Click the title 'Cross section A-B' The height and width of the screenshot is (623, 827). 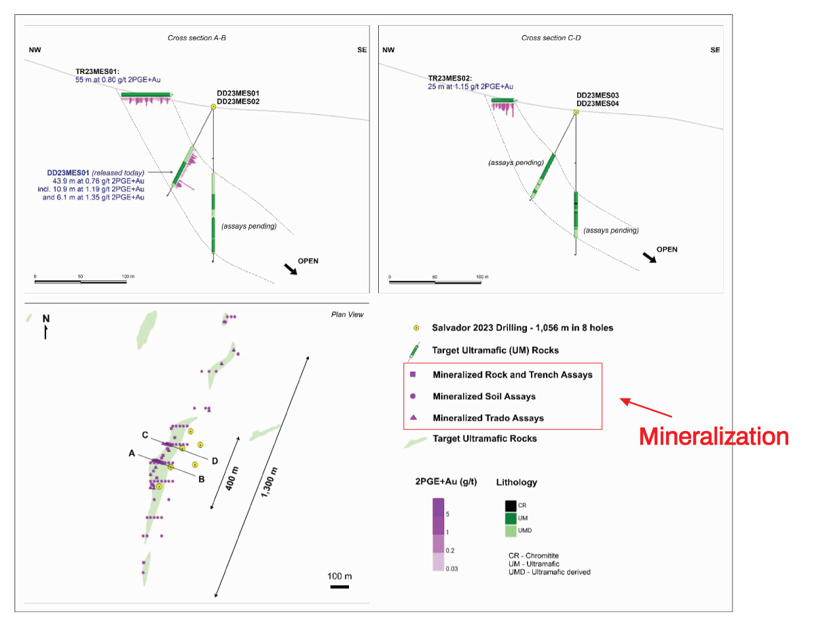coord(196,37)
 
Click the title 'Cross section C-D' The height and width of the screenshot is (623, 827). coord(551,37)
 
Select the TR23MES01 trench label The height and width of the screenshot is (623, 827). coord(97,71)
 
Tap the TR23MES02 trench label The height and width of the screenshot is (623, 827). coord(449,78)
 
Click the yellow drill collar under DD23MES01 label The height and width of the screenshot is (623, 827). coord(213,107)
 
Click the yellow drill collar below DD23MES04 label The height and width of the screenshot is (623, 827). coord(575,112)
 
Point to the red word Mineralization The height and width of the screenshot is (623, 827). coord(713,436)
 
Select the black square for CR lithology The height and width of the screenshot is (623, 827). coord(510,505)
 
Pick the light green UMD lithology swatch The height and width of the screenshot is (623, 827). coord(510,530)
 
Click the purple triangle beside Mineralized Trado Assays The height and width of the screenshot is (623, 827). coord(413,417)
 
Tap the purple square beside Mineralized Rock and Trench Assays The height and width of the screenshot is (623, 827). coord(413,374)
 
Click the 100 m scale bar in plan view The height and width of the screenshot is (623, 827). coord(339,586)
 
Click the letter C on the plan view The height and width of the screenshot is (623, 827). coord(145,435)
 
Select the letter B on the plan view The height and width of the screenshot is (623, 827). coord(201,479)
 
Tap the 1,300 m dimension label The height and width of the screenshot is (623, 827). coord(269,483)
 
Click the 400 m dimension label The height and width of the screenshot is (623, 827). coord(232,478)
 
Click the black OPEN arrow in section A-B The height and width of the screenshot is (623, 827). coord(290,269)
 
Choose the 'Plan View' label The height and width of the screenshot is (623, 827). coord(347,314)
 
